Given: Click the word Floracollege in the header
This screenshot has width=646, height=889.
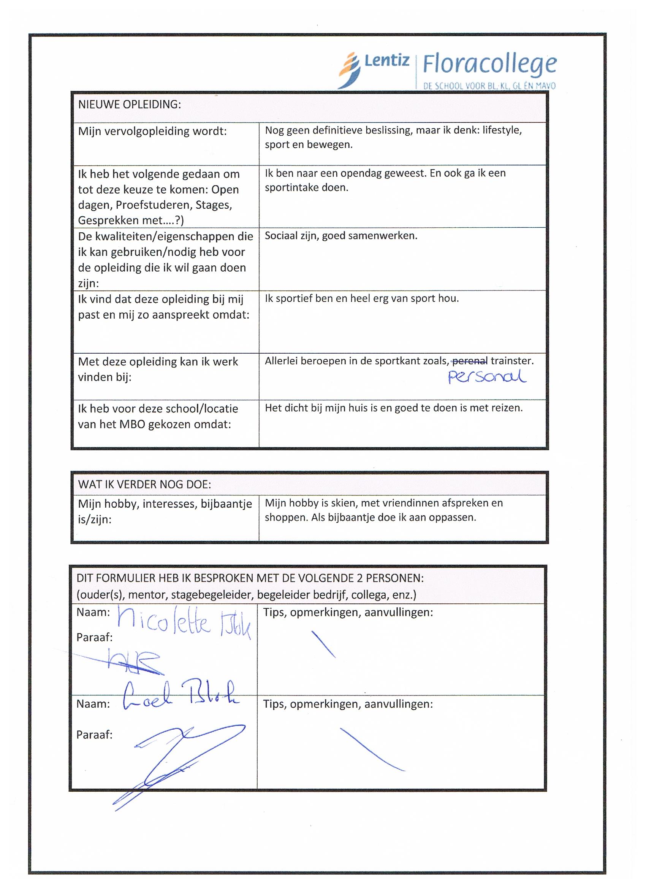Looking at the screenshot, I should click(489, 64).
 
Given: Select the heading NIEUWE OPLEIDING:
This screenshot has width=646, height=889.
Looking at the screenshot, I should click(129, 105).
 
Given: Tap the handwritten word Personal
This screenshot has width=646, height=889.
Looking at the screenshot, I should click(486, 377).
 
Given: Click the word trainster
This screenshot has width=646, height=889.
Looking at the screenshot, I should click(512, 360).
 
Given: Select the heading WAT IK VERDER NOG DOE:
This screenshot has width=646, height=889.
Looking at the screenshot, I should click(144, 484).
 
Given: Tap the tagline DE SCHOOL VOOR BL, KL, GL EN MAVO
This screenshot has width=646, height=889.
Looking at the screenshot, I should click(489, 86).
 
